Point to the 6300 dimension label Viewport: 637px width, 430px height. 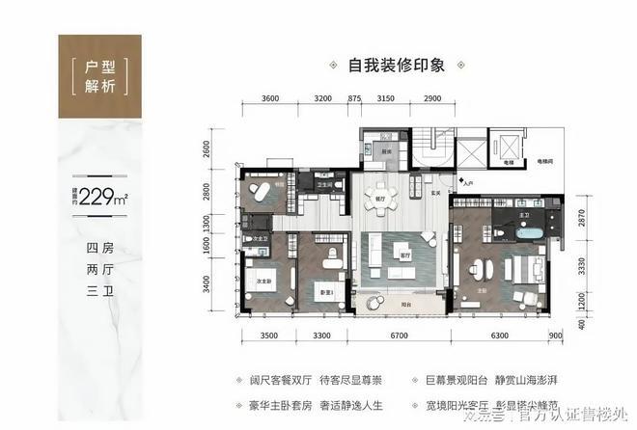[500, 336]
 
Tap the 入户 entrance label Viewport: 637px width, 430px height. [468, 180]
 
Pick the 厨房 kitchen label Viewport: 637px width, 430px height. [383, 152]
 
